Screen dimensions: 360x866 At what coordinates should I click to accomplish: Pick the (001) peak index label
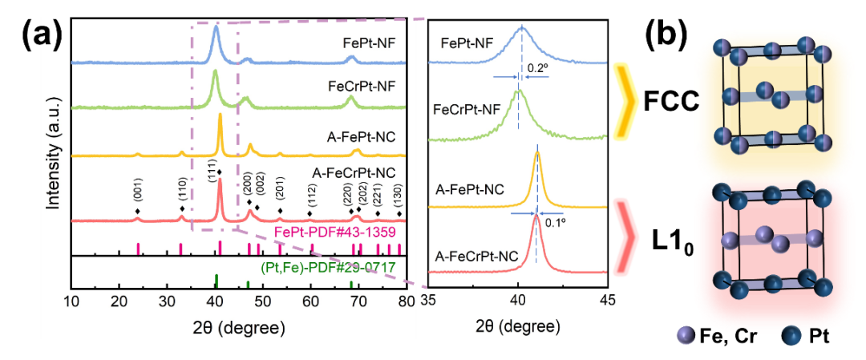pyautogui.click(x=138, y=192)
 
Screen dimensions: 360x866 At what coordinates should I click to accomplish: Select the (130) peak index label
pyautogui.click(x=399, y=196)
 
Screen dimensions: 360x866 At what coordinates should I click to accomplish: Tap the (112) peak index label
pyautogui.click(x=311, y=195)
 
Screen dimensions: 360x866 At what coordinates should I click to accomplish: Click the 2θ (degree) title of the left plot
pyautogui.click(x=240, y=329)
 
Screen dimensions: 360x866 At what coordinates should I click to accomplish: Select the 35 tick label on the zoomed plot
pyautogui.click(x=429, y=301)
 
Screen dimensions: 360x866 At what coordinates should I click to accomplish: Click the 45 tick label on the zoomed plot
pyautogui.click(x=607, y=301)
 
